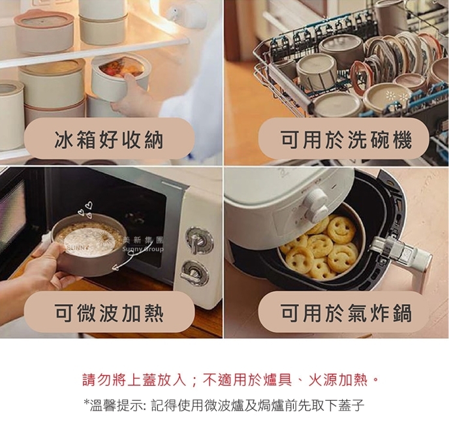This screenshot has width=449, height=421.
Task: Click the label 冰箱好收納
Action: pos(109,140)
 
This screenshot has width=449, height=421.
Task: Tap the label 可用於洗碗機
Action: pos(346,140)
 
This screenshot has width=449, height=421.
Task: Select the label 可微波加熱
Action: pos(109,313)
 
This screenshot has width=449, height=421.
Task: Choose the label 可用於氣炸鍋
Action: pos(346,313)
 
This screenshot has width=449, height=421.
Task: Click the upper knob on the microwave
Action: pos(199,240)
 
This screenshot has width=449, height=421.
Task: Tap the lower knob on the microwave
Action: pos(195,273)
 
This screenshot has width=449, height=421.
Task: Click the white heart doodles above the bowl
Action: pos(85,210)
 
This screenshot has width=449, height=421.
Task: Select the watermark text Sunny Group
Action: pos(143,249)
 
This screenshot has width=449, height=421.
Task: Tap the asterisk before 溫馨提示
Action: pos(86,402)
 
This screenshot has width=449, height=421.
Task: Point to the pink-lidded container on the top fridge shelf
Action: pos(44,31)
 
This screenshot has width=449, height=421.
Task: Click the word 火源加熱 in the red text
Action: pos(337,380)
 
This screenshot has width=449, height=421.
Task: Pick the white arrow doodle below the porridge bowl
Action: pos(124,260)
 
